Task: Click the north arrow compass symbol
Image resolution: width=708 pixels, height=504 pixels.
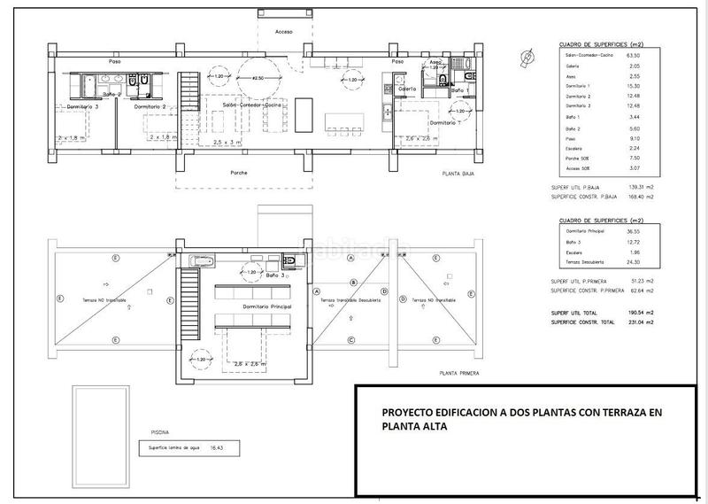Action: click(x=527, y=57)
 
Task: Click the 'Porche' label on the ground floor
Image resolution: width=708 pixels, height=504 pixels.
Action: click(x=238, y=172)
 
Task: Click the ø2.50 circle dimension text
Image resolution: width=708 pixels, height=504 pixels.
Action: click(x=258, y=79)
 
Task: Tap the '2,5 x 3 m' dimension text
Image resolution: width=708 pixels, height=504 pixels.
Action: click(x=227, y=142)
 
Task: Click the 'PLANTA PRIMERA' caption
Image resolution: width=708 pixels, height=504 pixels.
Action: click(x=459, y=374)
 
